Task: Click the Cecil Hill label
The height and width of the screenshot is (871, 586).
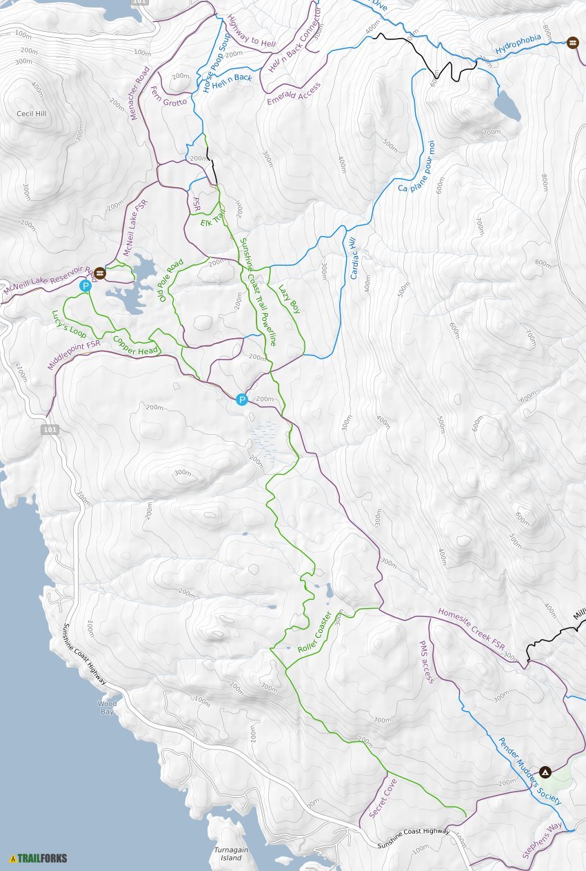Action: click(x=32, y=112)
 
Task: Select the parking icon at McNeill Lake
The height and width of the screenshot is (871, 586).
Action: click(x=85, y=286)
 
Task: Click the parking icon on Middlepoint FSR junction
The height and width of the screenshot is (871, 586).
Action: click(x=241, y=399)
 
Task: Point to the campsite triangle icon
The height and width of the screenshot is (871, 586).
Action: click(x=545, y=772)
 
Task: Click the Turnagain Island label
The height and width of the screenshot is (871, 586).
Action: click(x=230, y=854)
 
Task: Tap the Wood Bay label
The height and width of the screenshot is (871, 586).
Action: click(x=106, y=707)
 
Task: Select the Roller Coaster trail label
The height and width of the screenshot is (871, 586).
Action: click(x=315, y=632)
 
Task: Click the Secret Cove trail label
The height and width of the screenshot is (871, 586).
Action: click(x=383, y=799)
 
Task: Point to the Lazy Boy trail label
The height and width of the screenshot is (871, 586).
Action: click(x=290, y=299)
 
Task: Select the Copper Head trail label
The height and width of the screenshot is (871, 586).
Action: click(x=135, y=345)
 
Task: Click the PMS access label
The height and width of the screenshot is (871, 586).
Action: click(x=426, y=661)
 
